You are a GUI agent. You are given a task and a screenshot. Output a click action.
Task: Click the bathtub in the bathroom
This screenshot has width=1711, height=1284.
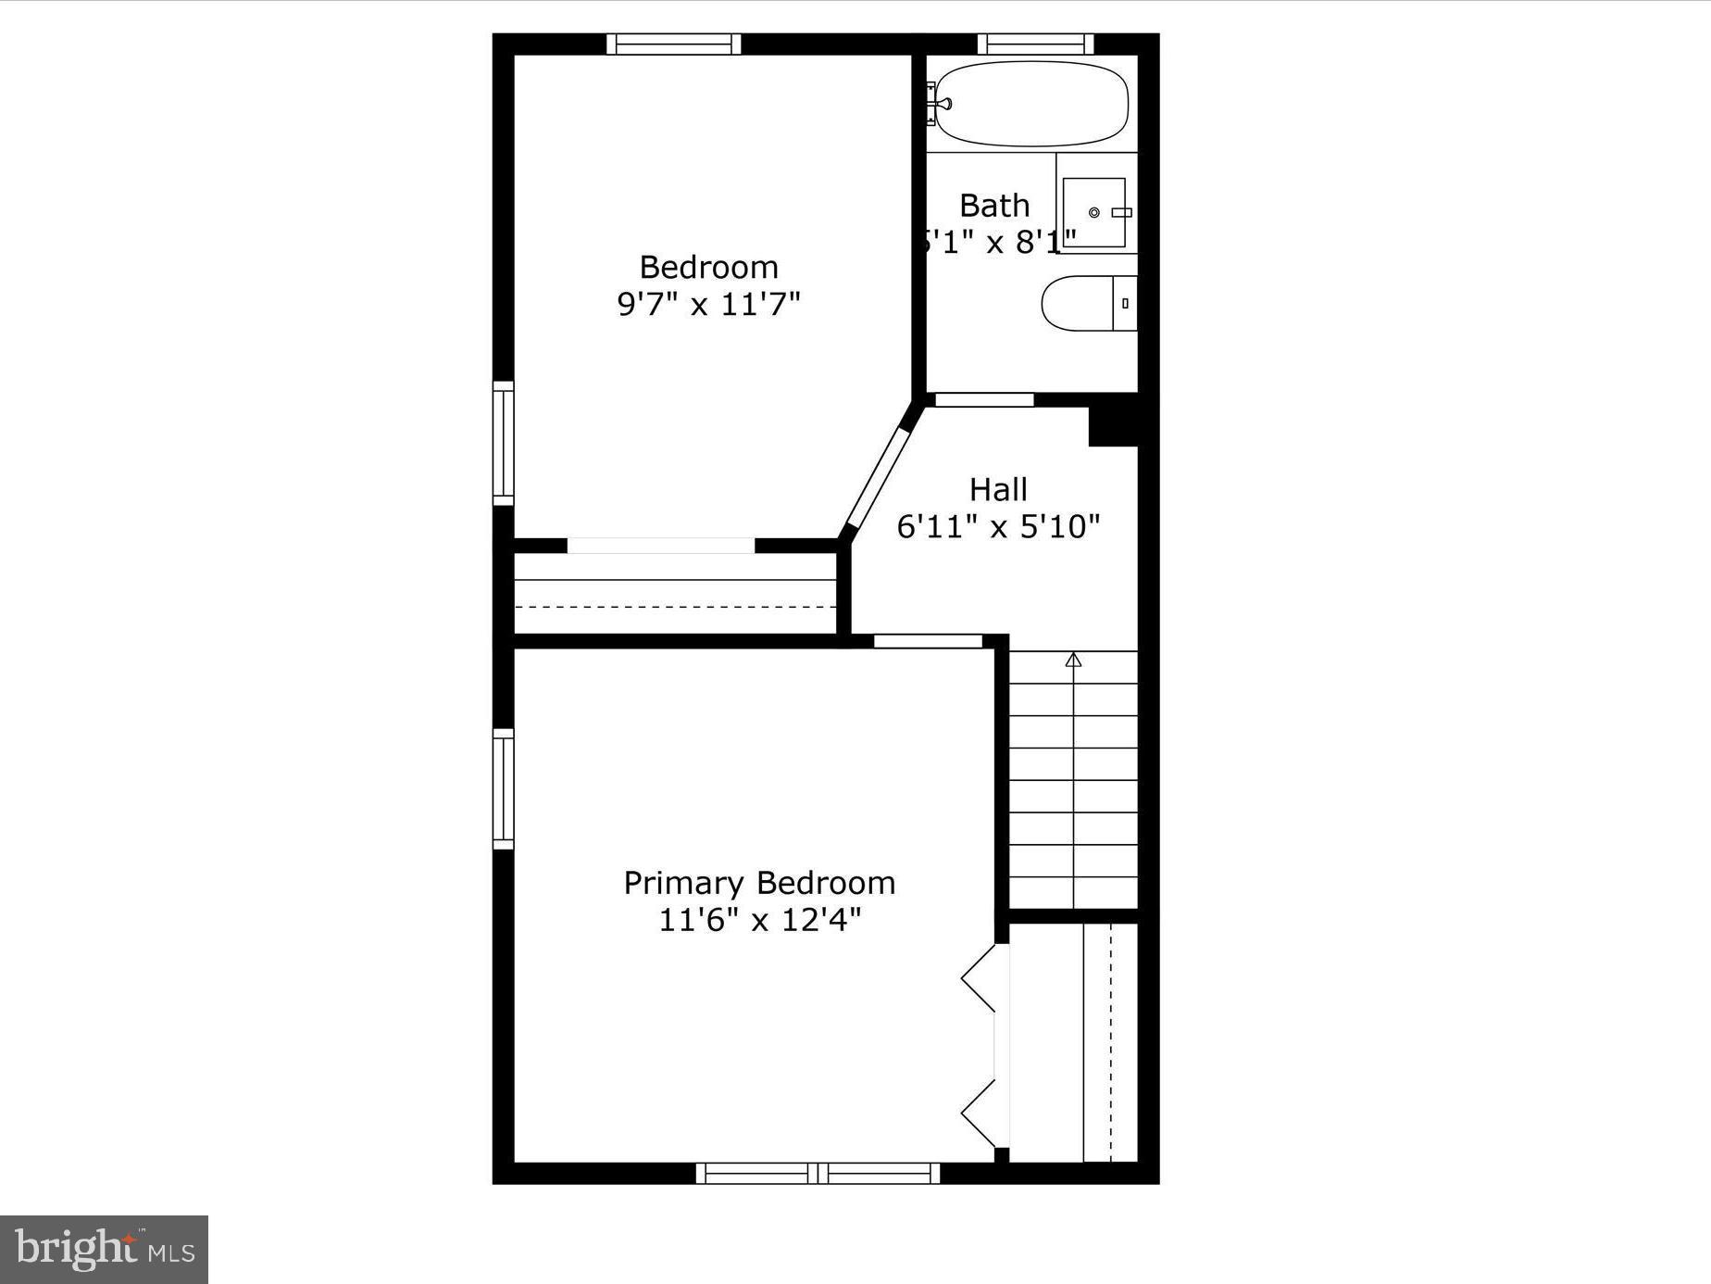click(1031, 104)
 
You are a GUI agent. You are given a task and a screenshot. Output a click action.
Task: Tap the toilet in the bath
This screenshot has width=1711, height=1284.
click(1088, 303)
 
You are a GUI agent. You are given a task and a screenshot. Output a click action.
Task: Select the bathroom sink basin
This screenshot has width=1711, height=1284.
click(1094, 212)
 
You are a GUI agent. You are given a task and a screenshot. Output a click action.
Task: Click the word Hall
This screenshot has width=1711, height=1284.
click(998, 489)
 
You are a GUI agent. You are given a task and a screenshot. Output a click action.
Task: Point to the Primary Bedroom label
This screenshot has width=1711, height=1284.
click(759, 883)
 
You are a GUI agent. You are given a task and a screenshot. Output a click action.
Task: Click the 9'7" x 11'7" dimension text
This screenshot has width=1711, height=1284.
click(708, 304)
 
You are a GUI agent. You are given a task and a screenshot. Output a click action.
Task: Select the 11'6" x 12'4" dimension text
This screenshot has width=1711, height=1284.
click(759, 920)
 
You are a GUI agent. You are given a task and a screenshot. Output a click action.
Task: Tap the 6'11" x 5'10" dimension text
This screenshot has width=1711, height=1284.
click(998, 526)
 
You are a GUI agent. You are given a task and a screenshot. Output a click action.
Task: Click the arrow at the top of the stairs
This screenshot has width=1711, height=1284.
click(1073, 660)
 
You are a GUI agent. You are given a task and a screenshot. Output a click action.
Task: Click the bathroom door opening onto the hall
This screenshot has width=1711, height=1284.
click(983, 400)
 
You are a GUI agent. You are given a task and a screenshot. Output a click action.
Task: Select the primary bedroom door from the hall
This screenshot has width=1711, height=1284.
click(928, 641)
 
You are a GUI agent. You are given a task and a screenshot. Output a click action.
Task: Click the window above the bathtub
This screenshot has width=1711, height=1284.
click(1035, 44)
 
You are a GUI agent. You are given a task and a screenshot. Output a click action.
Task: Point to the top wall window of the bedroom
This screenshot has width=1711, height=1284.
click(674, 44)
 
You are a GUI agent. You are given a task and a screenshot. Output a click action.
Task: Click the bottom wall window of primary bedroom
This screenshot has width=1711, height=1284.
click(818, 1173)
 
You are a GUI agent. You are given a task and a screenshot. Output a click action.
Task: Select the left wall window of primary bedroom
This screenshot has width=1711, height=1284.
click(503, 788)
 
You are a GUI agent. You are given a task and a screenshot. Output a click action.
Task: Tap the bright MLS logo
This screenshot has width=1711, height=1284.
click(104, 1250)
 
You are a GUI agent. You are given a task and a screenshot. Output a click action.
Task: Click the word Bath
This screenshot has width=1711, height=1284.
click(994, 205)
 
